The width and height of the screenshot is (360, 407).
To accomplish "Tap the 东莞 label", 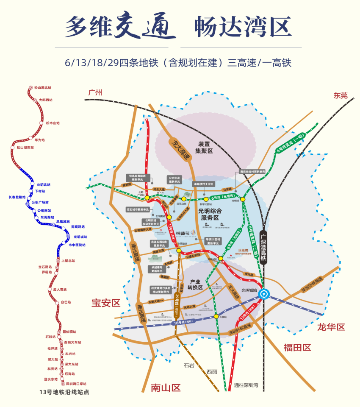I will (340, 96).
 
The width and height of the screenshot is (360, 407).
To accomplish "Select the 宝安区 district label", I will (106, 303).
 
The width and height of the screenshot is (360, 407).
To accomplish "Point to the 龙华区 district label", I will (331, 327).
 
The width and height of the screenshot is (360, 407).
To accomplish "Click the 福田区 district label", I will (297, 348).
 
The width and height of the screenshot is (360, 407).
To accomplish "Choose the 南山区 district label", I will (166, 387).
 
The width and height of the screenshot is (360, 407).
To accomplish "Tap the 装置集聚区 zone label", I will (203, 147).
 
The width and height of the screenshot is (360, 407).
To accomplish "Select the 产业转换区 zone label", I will (195, 284).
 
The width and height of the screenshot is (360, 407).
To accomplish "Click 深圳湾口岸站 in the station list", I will (76, 383).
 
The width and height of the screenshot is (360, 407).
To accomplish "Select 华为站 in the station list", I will (39, 139).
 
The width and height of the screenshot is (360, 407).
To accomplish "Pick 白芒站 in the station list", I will (66, 302).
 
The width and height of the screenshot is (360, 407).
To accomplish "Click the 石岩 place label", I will (189, 365).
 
